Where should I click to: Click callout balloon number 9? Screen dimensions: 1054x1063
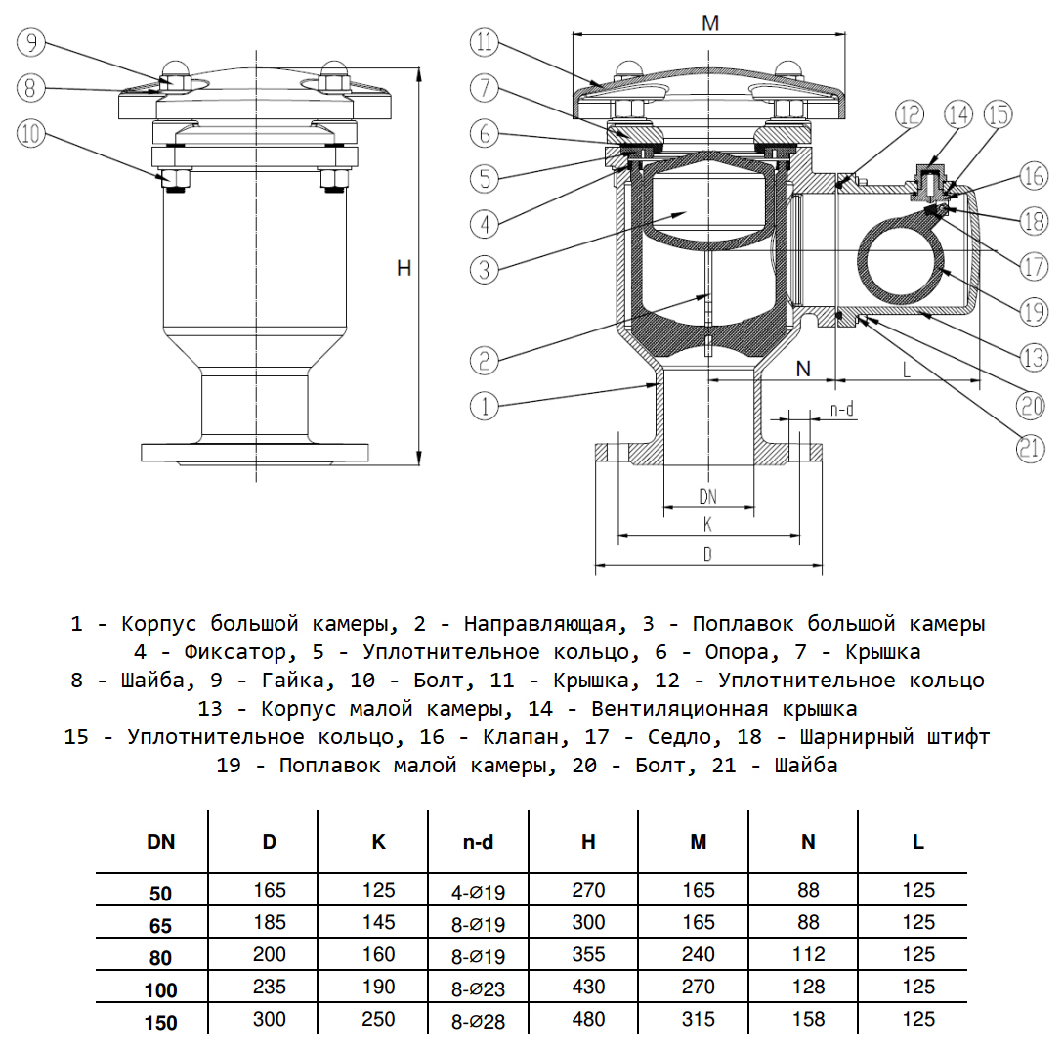[32, 42]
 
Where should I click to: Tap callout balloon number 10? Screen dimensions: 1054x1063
[32, 134]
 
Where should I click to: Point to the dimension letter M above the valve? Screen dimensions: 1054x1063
[710, 23]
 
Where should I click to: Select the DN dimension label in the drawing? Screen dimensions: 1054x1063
[708, 496]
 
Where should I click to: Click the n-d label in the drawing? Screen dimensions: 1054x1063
[842, 410]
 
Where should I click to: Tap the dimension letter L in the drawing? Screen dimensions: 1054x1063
[907, 370]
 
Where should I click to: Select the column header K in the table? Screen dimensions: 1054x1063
[379, 841]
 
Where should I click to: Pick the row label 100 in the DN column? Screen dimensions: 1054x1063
[161, 990]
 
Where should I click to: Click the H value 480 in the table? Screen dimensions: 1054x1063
[588, 1020]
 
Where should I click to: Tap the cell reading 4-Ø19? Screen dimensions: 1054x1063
[478, 892]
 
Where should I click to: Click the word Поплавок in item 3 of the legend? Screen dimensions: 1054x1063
[740, 624]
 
